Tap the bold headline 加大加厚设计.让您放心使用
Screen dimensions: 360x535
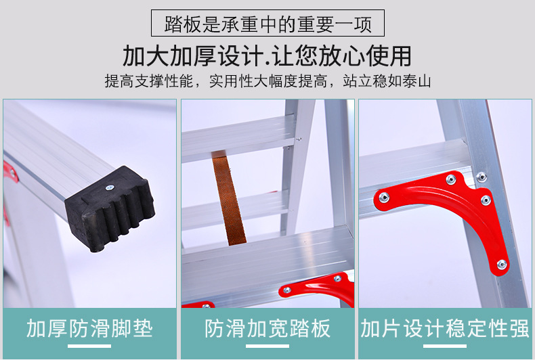(x=267, y=55)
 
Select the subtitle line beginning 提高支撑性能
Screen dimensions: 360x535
(x=267, y=82)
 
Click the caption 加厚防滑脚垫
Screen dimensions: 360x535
(x=89, y=329)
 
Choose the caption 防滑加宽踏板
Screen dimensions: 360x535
(x=267, y=329)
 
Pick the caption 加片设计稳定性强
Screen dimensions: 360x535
(x=445, y=329)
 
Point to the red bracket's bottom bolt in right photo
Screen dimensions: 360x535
(x=501, y=265)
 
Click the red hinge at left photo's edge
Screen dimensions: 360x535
(x=9, y=173)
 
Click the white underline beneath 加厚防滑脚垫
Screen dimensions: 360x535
(x=89, y=346)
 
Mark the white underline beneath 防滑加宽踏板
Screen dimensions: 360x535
(x=267, y=346)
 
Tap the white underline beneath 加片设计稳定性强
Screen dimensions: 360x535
(x=445, y=346)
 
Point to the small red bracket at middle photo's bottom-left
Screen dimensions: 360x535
(x=196, y=305)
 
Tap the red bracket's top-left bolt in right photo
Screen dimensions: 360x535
(x=384, y=197)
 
